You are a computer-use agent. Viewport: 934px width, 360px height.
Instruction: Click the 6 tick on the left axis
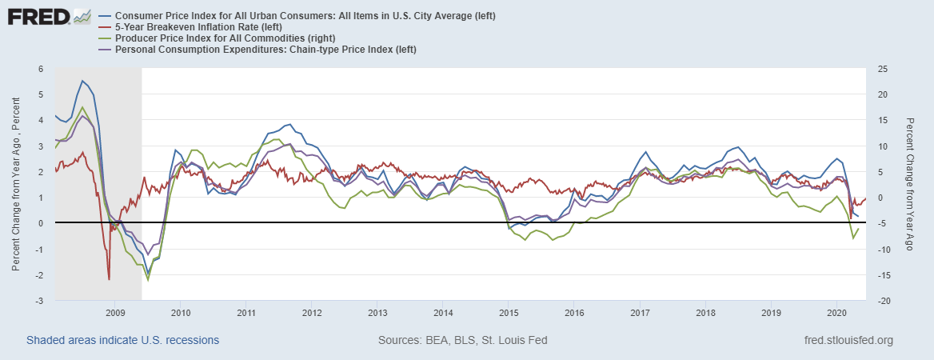(41, 69)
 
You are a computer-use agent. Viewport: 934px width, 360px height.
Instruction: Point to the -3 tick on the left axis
(38, 301)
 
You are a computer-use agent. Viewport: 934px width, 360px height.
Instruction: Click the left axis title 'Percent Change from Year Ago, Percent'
(16, 185)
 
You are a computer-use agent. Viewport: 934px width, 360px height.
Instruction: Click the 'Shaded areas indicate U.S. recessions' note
(123, 340)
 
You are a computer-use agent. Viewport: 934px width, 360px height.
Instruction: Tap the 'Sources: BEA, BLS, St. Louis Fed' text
(462, 340)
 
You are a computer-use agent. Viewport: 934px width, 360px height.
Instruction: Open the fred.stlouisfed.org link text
(848, 340)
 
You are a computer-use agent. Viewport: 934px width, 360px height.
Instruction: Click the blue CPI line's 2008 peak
(82, 81)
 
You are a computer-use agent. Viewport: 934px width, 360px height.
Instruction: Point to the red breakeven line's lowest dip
(109, 279)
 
